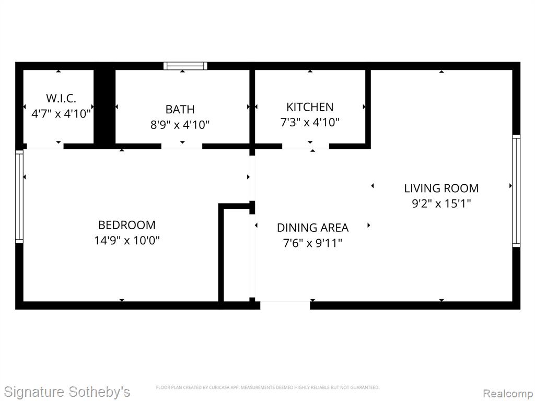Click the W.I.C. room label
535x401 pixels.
point(61,98)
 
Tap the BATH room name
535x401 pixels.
point(180,110)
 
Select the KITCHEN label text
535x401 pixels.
point(310,107)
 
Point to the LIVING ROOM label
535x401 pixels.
point(441,188)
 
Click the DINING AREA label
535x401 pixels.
point(312,228)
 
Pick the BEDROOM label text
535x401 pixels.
point(127,225)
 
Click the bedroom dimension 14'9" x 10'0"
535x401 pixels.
point(127,240)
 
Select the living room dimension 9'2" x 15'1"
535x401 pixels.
point(441,204)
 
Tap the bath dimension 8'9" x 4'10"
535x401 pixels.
point(180,125)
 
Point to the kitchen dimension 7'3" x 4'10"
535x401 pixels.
point(310,122)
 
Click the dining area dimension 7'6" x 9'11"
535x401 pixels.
point(312,243)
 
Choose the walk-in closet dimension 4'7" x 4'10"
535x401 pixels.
point(61,113)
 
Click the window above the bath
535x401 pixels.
point(185,66)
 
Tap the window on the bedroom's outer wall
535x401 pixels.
point(19,196)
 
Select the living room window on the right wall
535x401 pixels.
point(516,191)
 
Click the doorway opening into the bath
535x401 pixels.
point(182,146)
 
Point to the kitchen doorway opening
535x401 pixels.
point(306,146)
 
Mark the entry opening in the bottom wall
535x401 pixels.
point(285,305)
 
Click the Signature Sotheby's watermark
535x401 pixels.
point(67,392)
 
